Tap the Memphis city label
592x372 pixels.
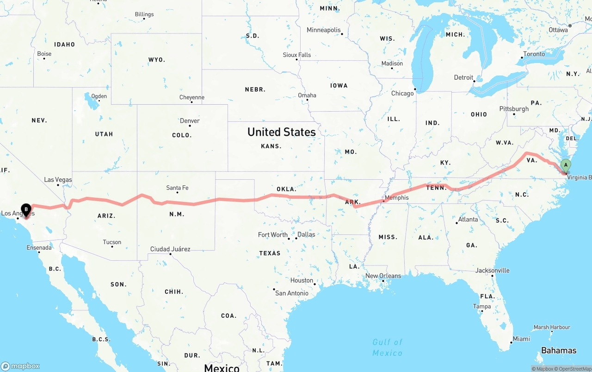tap(396, 198)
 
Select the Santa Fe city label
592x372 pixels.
tap(177, 188)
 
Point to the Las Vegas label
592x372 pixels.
tap(58, 179)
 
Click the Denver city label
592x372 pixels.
tap(190, 121)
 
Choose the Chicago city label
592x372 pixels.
tap(402, 94)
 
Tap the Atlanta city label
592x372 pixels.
tap(468, 219)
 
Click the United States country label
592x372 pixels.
tap(281, 132)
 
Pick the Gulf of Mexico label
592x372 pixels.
tap(388, 347)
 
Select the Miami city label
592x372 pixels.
tap(521, 339)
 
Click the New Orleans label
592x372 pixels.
tap(383, 276)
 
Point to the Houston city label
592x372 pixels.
tap(302, 280)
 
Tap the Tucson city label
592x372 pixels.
tap(112, 242)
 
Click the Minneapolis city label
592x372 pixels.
tap(323, 30)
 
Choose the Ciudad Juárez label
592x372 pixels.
tap(170, 249)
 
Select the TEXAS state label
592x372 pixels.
tap(270, 253)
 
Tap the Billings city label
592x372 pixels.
tap(144, 14)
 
